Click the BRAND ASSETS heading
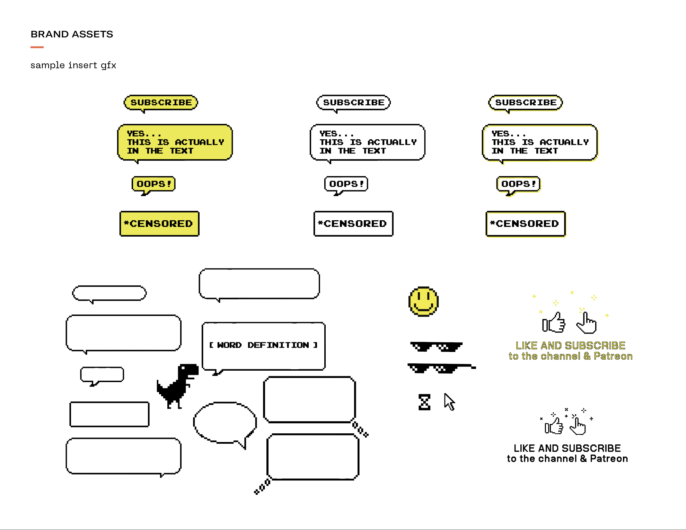[x=72, y=34]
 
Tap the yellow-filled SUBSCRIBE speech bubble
[x=161, y=103]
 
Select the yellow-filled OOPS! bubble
[x=153, y=184]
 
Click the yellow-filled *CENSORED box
[x=159, y=224]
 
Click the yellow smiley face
[x=423, y=301]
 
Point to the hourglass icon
[x=424, y=402]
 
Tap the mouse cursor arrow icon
[x=449, y=402]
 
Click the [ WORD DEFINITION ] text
[x=263, y=345]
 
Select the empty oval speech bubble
[x=225, y=423]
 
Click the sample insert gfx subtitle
[x=73, y=65]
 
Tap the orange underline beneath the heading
[x=37, y=47]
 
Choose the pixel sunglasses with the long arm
[x=441, y=368]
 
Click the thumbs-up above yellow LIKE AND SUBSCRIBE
[x=554, y=323]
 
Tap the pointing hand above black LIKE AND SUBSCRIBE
[x=578, y=426]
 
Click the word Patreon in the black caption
[x=609, y=459]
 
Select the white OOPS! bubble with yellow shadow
[x=518, y=184]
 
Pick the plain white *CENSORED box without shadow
[x=353, y=224]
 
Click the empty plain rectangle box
[x=109, y=414]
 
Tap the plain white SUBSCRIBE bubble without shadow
[x=353, y=103]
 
